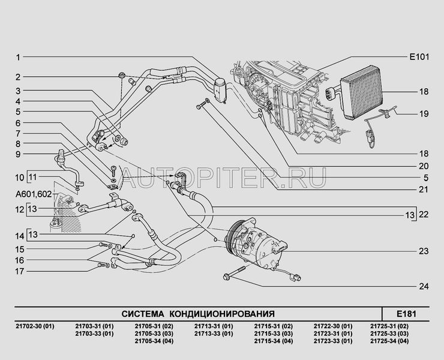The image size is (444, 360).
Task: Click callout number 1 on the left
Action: pos(18,58)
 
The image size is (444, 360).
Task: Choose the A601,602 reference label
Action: pos(34,194)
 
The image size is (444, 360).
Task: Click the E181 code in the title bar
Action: pos(406,313)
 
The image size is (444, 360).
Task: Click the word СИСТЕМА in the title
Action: pos(143,313)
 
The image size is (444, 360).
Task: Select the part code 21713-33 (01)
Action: pos(213,334)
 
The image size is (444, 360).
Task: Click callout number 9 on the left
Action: pos(18,155)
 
